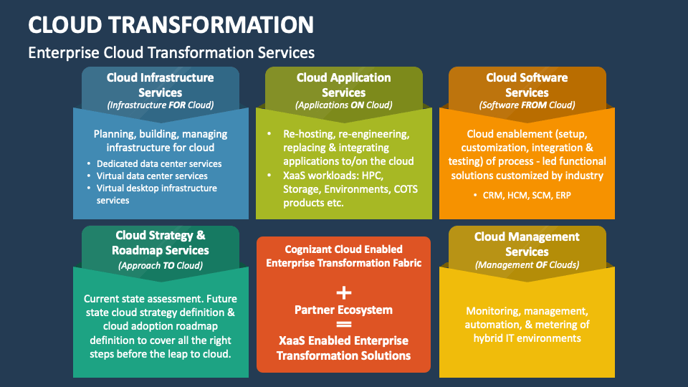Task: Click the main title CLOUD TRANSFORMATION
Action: pyautogui.click(x=171, y=24)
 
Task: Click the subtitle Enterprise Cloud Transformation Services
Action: pyautogui.click(x=171, y=52)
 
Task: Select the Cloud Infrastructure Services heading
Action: pyautogui.click(x=161, y=85)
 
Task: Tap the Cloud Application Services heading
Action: pyautogui.click(x=344, y=85)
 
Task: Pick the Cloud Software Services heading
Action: pyautogui.click(x=527, y=85)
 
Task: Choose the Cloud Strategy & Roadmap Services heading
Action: pyautogui.click(x=161, y=243)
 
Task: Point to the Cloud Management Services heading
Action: pyautogui.click(x=527, y=244)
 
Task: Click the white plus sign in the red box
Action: pyautogui.click(x=344, y=292)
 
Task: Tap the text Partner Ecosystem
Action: pyautogui.click(x=344, y=310)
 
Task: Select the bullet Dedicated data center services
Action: pyautogui.click(x=159, y=163)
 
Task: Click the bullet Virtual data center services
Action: pyautogui.click(x=152, y=176)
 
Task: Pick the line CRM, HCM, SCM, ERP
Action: pyautogui.click(x=527, y=194)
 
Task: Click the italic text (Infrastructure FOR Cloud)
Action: pyautogui.click(x=161, y=105)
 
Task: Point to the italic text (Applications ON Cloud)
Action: pyautogui.click(x=344, y=105)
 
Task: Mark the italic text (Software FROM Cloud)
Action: pyautogui.click(x=527, y=105)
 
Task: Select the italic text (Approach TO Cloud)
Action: pyautogui.click(x=161, y=265)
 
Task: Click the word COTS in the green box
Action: pyautogui.click(x=404, y=189)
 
